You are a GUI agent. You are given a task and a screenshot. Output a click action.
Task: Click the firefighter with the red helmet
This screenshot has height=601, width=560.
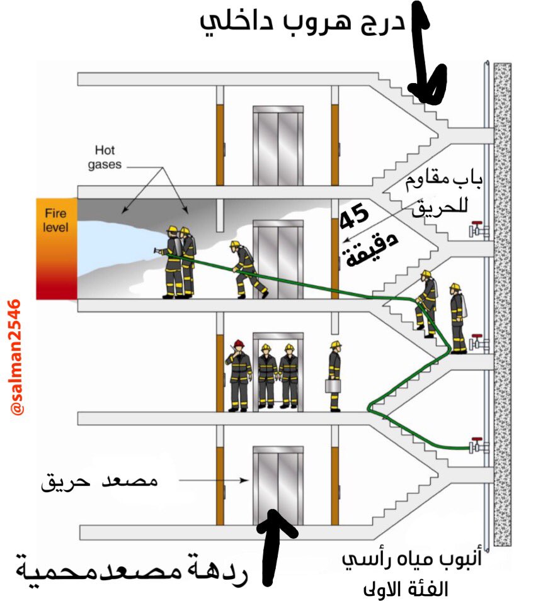pyautogui.click(x=239, y=376)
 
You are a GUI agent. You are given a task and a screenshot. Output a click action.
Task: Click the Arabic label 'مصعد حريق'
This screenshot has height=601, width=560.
pyautogui.click(x=100, y=482)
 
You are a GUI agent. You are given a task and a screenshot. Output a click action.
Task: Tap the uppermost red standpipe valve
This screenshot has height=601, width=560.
pyautogui.click(x=478, y=230)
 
